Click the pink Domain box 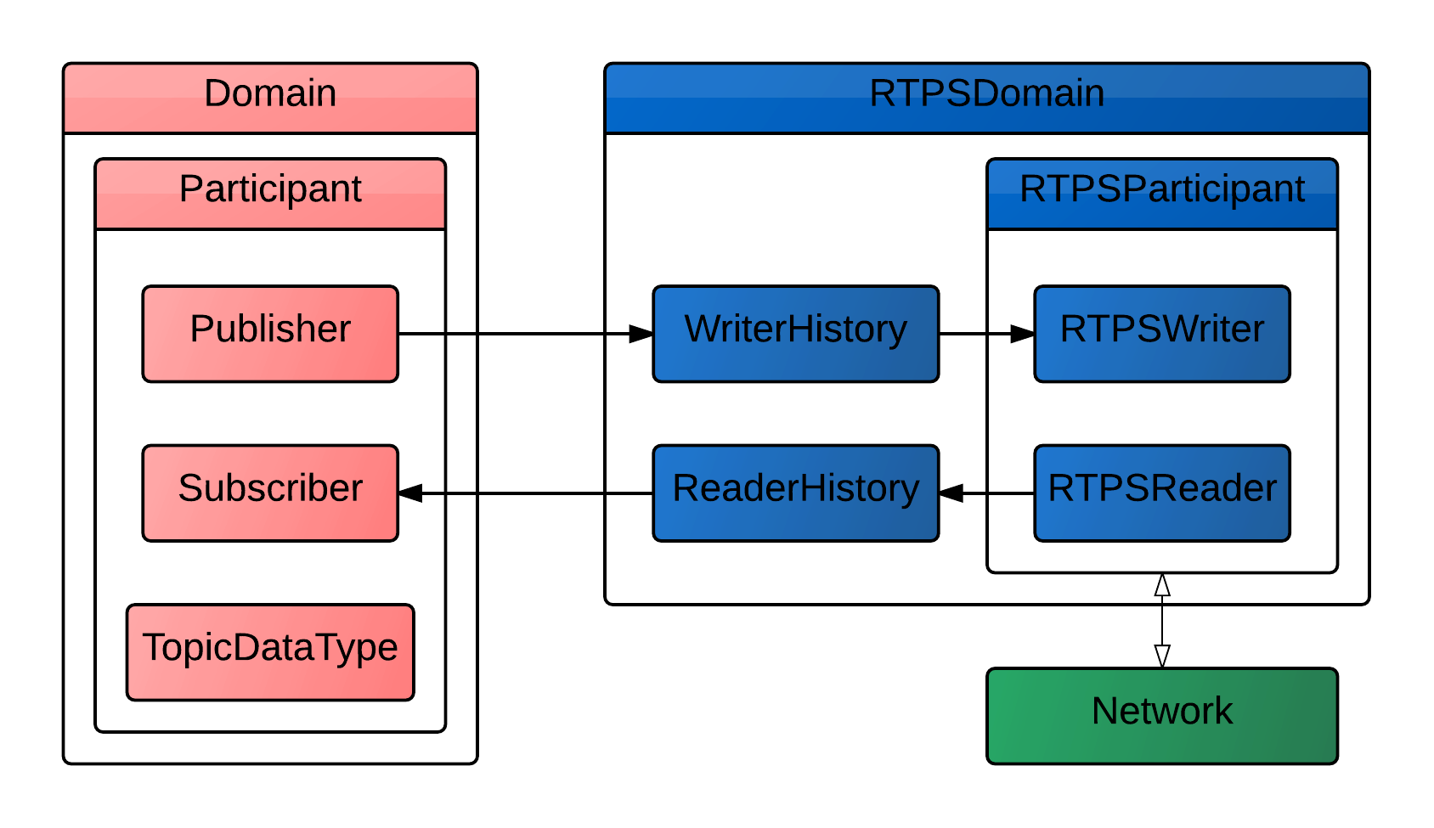(269, 98)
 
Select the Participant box (269, 194)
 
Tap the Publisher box (269, 333)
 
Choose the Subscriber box (269, 493)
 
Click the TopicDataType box (269, 651)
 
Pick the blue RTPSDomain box (986, 98)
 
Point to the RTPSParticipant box (1161, 194)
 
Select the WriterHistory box (795, 333)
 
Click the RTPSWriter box (1161, 333)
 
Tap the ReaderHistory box (795, 493)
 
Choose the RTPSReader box (1161, 493)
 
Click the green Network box (1161, 715)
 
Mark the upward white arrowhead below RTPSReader (1162, 585)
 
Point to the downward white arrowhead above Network (1162, 655)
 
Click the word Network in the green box (1161, 712)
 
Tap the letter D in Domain (217, 93)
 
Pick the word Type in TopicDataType (363, 648)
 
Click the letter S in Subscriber (190, 488)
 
